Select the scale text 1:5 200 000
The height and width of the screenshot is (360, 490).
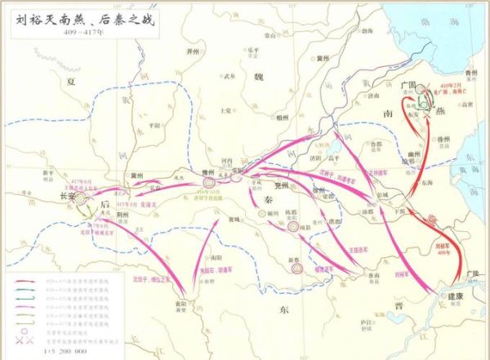click(x=49, y=349)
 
